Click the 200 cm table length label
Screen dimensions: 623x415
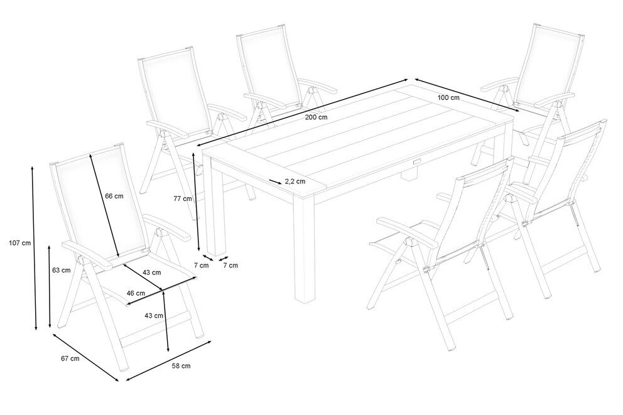coord(317,117)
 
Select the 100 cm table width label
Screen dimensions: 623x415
coord(448,97)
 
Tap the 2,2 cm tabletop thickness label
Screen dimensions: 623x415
coord(295,181)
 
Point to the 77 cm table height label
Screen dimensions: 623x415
coord(183,198)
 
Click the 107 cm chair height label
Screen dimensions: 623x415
coord(19,243)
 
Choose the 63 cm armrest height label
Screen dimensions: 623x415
coord(61,270)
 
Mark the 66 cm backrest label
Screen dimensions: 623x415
coord(114,196)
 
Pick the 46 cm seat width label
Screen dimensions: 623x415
coord(136,293)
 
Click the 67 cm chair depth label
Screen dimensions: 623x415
coord(70,358)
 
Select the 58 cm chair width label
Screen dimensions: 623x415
coord(181,366)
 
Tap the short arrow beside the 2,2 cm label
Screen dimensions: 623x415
coord(275,181)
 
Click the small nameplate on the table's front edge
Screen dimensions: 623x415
coord(416,162)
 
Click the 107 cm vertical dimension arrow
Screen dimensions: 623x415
coord(34,249)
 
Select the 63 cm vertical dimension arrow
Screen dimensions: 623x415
coord(50,286)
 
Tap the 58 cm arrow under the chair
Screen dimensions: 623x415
coord(168,360)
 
